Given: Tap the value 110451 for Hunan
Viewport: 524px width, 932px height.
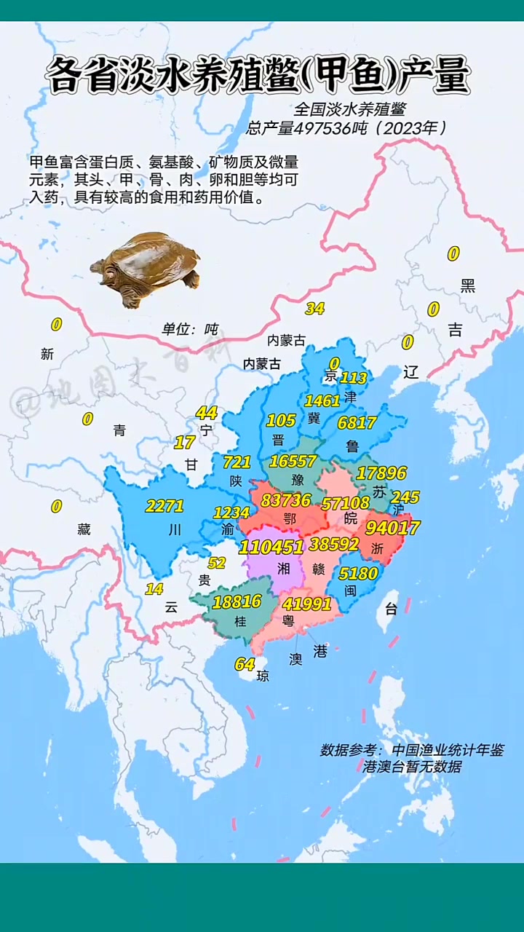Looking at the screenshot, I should tap(271, 547).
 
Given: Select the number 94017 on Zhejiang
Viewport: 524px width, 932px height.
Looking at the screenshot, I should tap(393, 527).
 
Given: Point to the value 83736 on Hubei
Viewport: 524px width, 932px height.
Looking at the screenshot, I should tap(286, 500).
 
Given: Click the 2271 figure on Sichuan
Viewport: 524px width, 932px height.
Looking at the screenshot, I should tap(164, 505).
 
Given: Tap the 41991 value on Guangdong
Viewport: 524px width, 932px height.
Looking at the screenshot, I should tap(307, 603).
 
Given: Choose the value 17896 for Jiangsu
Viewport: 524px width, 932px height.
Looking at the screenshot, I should tap(382, 473).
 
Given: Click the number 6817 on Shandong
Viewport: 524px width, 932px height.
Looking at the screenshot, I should tap(357, 422).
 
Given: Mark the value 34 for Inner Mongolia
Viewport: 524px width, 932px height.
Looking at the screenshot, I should tap(314, 308).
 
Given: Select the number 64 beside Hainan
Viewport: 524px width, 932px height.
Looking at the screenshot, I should tap(245, 664).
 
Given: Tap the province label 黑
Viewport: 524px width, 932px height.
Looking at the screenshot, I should tap(468, 286).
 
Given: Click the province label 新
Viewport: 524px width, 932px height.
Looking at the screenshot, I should tap(47, 355).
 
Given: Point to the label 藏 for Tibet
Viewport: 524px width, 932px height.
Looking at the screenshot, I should tap(84, 529).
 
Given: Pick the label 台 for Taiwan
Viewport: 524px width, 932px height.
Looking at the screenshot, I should tap(391, 609).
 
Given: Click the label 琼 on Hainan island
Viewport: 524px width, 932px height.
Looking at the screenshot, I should tap(263, 676).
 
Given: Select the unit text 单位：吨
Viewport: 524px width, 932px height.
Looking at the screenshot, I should tap(189, 329).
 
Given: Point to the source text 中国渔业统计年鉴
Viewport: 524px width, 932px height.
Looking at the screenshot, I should tap(447, 750).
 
